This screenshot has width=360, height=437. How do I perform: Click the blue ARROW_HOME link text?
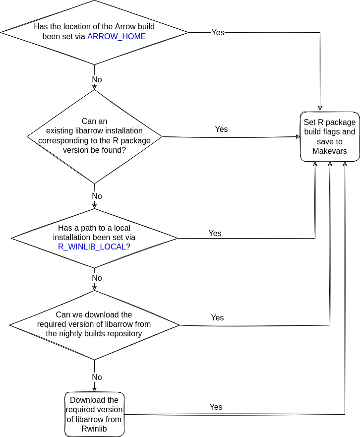point(117,37)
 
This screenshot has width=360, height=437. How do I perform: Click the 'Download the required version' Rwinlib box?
point(94,414)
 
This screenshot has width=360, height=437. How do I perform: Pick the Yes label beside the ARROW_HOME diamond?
point(218,32)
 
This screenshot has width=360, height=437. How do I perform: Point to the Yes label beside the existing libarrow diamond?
point(221,129)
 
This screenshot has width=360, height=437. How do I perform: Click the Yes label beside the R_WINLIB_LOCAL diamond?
point(215,233)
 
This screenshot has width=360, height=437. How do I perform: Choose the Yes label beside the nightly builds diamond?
point(217,317)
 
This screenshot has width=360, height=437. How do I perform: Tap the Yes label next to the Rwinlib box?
point(216,407)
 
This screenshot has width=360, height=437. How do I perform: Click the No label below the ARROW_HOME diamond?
point(97,79)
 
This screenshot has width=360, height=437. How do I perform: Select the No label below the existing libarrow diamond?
point(97,196)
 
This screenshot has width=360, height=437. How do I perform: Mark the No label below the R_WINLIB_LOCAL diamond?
point(97,278)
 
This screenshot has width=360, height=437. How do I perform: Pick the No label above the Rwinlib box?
point(97,377)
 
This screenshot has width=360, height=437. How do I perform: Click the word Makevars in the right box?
point(330,151)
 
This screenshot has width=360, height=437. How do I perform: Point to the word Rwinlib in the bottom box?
point(94,429)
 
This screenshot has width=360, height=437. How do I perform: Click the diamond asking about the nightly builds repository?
point(94,325)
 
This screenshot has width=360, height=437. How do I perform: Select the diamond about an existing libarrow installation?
point(94,136)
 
